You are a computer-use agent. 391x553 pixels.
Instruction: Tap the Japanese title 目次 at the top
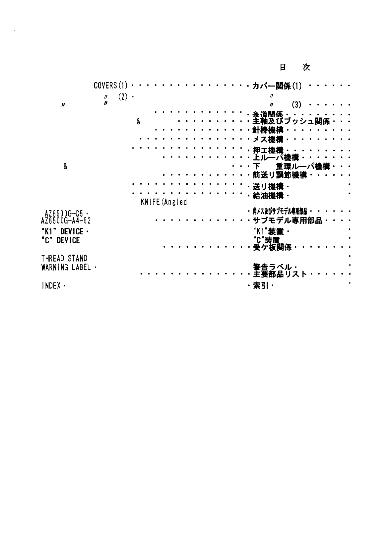pos(294,67)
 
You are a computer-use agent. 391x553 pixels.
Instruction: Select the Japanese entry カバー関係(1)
pos(277,86)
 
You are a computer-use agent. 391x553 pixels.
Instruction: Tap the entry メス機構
pos(268,140)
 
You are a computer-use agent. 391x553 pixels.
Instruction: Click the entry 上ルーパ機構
pos(275,157)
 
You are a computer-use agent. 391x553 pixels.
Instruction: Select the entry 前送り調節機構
pos(279,175)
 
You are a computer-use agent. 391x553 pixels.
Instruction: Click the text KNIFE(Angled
pos(164,202)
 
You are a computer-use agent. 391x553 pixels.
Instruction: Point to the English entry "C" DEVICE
pos(60,240)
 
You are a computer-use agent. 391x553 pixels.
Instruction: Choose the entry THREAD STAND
pos(64,258)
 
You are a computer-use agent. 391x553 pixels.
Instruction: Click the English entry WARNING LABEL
pos(66,267)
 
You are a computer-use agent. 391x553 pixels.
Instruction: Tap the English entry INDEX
pos(51,286)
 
